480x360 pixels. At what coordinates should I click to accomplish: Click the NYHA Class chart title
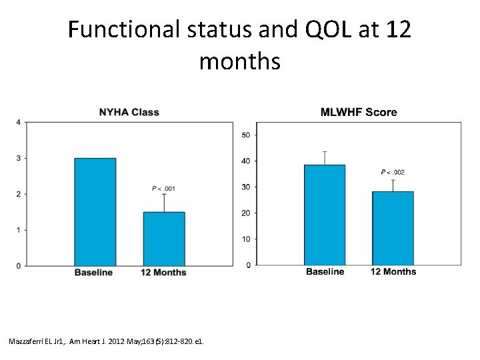[129, 112]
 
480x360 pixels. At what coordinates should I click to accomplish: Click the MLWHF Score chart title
[359, 112]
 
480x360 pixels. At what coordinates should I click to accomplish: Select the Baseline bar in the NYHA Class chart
[95, 212]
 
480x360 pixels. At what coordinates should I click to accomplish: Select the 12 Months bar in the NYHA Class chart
[164, 239]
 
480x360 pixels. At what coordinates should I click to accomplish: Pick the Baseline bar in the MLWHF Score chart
[325, 215]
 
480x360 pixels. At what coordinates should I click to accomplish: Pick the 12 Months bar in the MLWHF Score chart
[393, 228]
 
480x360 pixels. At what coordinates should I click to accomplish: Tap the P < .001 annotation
[163, 187]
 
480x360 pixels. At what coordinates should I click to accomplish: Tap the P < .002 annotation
[393, 173]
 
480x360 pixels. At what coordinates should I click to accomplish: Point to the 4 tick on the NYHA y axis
[18, 122]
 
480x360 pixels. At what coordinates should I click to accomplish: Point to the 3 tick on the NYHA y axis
[18, 158]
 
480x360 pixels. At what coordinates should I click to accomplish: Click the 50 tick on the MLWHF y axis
[246, 135]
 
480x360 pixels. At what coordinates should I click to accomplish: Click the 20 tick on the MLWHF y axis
[246, 213]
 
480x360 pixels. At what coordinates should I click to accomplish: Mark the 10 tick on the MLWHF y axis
[246, 239]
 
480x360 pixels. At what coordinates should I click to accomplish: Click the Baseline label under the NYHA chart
[93, 273]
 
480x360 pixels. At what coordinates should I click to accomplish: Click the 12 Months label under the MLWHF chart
[393, 271]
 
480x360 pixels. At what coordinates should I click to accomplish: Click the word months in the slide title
[239, 62]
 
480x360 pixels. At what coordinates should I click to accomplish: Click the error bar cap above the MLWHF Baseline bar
[325, 151]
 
